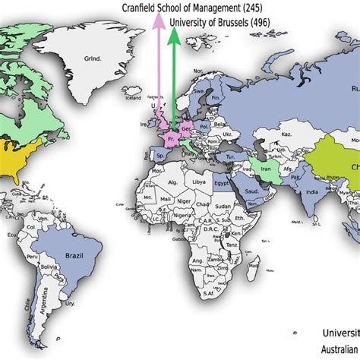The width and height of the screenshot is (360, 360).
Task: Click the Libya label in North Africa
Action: click(x=199, y=182)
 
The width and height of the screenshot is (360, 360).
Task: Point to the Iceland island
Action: click(x=134, y=97)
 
